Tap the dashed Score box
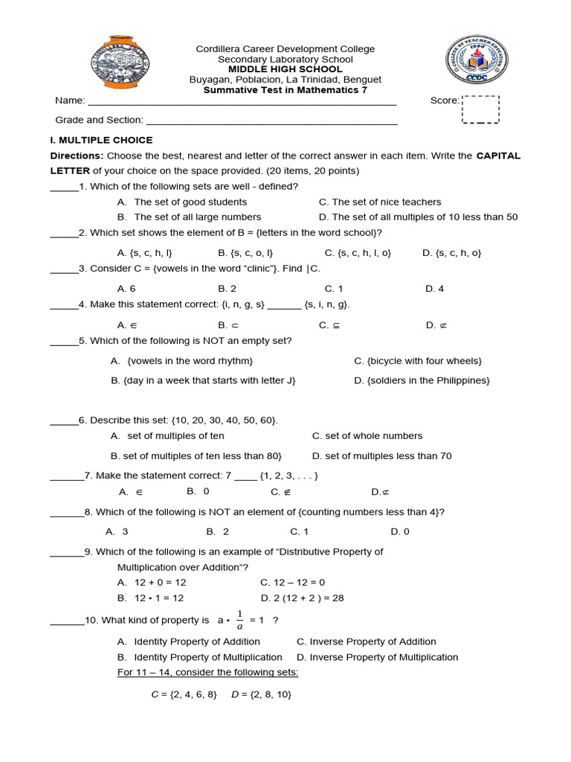click(x=481, y=109)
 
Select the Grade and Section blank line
click(x=271, y=121)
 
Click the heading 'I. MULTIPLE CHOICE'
click(x=101, y=140)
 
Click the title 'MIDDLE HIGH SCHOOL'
click(x=285, y=69)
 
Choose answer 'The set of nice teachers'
click(x=380, y=202)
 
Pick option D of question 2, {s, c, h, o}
click(x=451, y=253)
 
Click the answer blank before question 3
click(x=64, y=269)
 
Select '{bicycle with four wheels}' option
click(x=418, y=361)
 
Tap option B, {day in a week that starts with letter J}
click(x=204, y=380)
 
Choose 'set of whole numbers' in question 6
click(x=367, y=436)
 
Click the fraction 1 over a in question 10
click(x=239, y=620)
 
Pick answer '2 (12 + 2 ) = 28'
click(x=302, y=598)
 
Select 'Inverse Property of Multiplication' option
click(x=377, y=657)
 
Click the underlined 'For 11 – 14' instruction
click(x=207, y=673)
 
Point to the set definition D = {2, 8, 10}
click(x=262, y=694)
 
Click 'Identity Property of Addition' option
click(x=189, y=641)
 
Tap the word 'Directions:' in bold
click(x=77, y=156)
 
